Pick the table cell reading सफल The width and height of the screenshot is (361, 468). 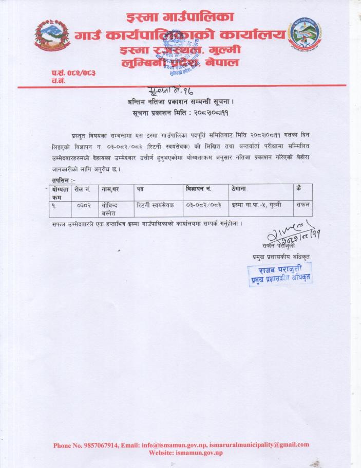point(302,205)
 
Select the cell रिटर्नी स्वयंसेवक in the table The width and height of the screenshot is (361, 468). point(156,205)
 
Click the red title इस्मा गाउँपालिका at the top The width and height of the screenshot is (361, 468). point(180,17)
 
